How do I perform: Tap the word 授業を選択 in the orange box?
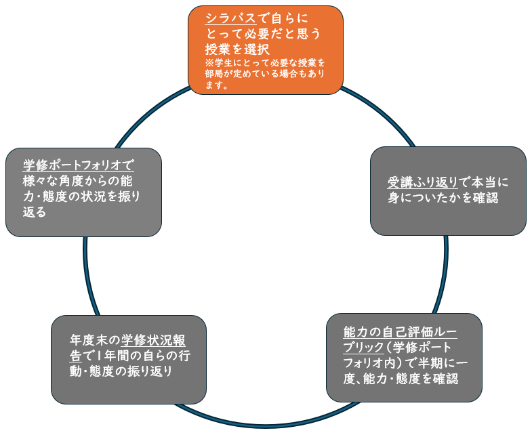238,49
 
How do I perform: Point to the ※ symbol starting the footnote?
209,62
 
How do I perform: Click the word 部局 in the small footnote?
213,75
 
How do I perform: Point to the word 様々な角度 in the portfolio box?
54,181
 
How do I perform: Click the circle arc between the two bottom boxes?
266,426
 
